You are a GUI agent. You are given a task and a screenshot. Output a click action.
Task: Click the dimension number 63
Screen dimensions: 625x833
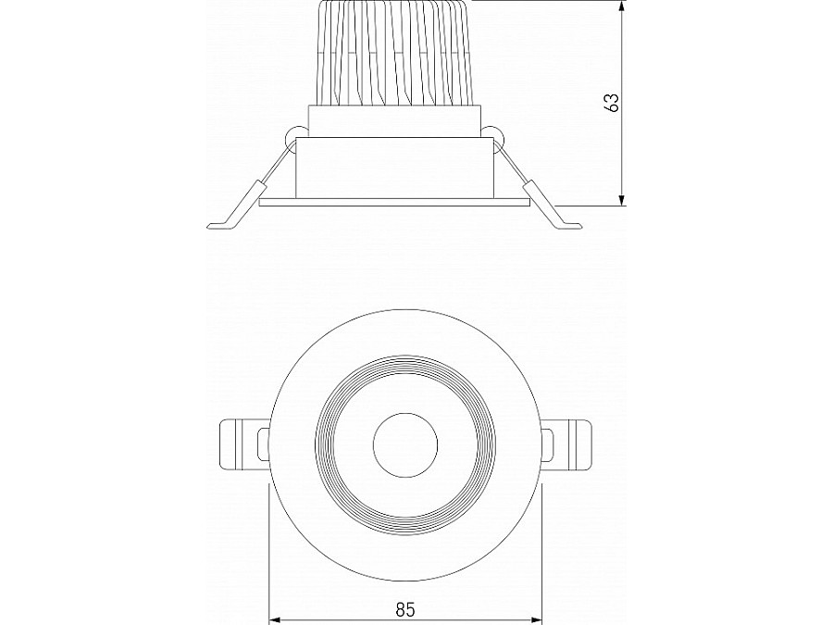[x=612, y=102]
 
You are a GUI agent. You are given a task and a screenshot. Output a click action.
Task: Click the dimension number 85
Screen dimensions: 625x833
[x=404, y=609]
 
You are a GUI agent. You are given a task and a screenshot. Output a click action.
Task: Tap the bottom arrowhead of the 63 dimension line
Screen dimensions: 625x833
[x=623, y=198]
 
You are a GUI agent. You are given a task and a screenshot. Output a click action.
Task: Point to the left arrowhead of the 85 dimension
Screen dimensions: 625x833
[x=275, y=619]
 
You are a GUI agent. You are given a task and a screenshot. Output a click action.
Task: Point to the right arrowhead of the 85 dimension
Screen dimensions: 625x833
[x=536, y=619]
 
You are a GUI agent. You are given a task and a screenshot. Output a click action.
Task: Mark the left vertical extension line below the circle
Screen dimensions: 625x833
[x=268, y=556]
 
